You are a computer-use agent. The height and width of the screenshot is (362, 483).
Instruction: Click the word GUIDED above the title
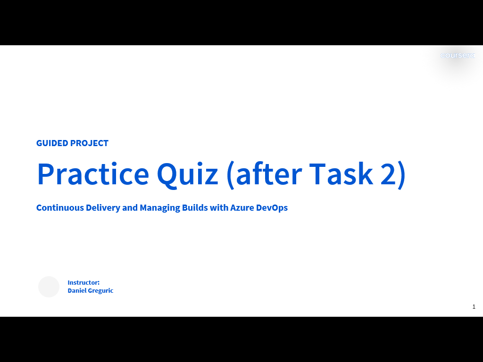click(52, 143)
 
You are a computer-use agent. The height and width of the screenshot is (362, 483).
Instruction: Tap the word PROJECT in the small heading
click(89, 143)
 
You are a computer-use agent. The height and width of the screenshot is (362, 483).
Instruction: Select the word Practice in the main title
click(93, 173)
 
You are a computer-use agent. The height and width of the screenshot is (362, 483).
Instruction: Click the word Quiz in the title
click(187, 174)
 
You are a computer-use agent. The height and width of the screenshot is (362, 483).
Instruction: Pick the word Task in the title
click(341, 173)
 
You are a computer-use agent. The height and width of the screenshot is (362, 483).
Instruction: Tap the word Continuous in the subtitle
click(60, 208)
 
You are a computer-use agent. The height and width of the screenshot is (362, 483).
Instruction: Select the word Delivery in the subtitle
click(103, 208)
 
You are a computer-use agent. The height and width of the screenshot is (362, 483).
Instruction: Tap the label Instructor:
click(83, 283)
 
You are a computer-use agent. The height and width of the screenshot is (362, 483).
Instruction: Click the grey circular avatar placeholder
click(49, 287)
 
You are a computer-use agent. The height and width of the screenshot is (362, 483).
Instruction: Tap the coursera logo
click(458, 56)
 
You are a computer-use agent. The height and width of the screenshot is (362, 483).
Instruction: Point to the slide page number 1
click(474, 306)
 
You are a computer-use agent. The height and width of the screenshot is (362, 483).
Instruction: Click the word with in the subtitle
click(219, 208)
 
